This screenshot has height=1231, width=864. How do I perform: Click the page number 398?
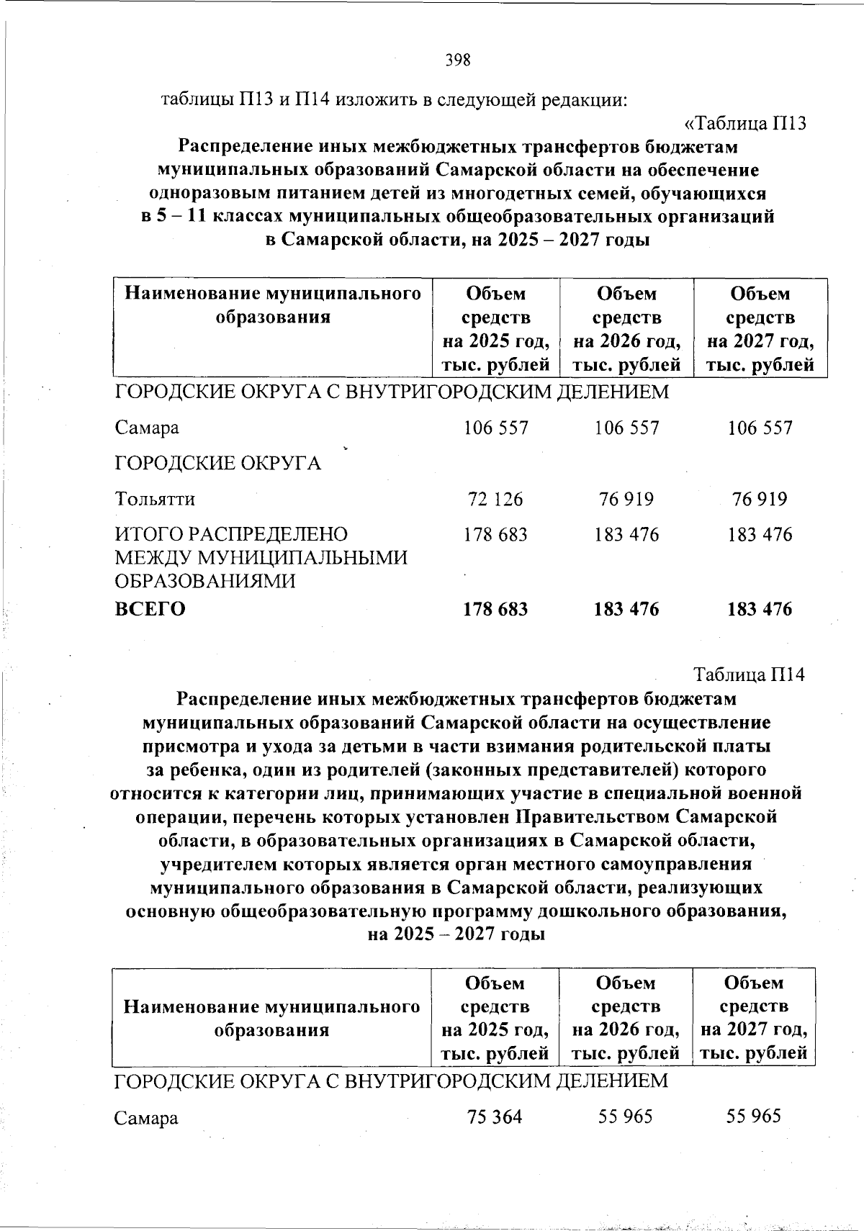tap(458, 60)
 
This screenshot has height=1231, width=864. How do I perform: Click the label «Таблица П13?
tap(744, 123)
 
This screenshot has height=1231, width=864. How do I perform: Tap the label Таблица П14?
tap(749, 675)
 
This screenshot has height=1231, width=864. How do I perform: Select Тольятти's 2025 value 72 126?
tap(495, 499)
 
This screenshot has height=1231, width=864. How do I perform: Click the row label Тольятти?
tap(155, 499)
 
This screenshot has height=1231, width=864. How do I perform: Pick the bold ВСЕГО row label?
tap(150, 609)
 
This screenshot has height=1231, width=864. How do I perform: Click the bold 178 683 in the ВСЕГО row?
tap(495, 609)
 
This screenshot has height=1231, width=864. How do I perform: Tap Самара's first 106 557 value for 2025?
tap(495, 428)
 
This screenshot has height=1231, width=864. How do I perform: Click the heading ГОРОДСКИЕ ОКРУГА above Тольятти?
tap(218, 463)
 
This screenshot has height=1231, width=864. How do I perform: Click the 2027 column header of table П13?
tap(760, 329)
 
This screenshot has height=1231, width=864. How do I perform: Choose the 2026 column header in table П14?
tap(626, 1018)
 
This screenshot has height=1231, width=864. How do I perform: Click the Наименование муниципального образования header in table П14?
tap(272, 1018)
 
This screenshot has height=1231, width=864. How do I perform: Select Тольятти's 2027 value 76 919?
tap(760, 499)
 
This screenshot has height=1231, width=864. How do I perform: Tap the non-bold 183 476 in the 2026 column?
tap(626, 534)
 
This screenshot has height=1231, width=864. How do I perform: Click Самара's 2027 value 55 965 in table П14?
tap(753, 1117)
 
